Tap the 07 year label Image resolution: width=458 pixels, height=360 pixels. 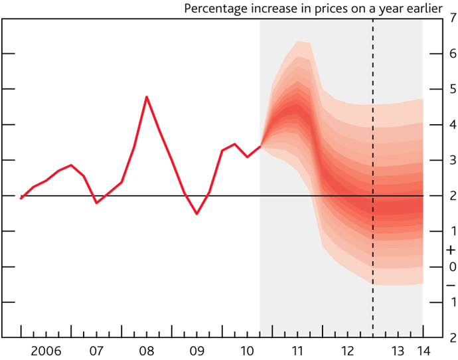pyautogui.click(x=96, y=350)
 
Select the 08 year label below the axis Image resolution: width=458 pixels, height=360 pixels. pyautogui.click(x=147, y=350)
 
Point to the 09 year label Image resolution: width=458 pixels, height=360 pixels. pyautogui.click(x=196, y=350)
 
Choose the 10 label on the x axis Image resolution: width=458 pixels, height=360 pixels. pyautogui.click(x=247, y=350)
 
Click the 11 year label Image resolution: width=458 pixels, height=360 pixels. pyautogui.click(x=297, y=350)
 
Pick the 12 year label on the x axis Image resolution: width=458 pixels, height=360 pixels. pyautogui.click(x=347, y=350)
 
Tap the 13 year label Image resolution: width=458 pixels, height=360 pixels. pyautogui.click(x=397, y=350)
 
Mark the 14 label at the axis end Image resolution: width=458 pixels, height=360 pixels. pyautogui.click(x=423, y=350)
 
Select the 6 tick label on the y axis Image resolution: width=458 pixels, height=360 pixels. pyautogui.click(x=451, y=52)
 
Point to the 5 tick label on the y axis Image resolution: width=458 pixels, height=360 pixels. pyautogui.click(x=451, y=88)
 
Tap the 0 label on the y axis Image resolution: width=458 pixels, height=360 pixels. pyautogui.click(x=451, y=266)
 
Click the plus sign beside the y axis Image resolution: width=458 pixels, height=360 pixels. pyautogui.click(x=451, y=250)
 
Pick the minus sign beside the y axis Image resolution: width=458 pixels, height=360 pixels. pyautogui.click(x=451, y=284)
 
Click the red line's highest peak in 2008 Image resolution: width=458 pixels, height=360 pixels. pyautogui.click(x=147, y=97)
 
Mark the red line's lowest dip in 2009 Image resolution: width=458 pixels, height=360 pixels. pyautogui.click(x=196, y=214)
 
